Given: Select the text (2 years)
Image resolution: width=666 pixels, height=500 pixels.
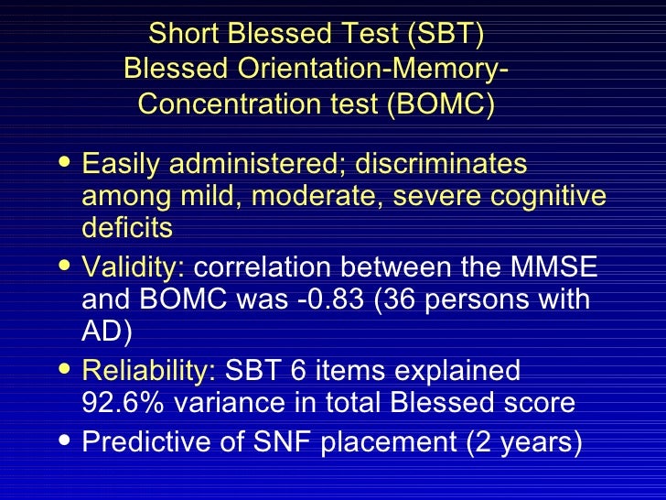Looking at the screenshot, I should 524,441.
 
